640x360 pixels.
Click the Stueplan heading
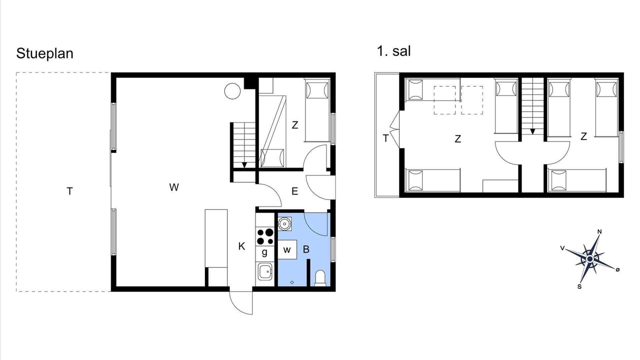[x=45, y=53]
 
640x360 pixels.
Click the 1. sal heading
[x=393, y=51]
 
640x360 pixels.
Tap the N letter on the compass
[x=599, y=231]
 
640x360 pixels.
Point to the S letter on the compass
[x=579, y=286]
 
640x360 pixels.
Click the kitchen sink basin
[x=265, y=271]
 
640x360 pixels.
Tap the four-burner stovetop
[x=265, y=237]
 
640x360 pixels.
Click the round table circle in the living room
[x=232, y=91]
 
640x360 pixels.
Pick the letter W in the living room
[x=174, y=187]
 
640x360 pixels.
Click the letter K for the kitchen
[x=241, y=246]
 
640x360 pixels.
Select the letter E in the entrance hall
[x=295, y=191]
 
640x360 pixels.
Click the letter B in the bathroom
[x=306, y=249]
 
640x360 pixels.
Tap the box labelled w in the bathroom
[x=287, y=249]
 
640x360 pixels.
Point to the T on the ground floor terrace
[x=69, y=191]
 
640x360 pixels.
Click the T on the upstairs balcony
[x=385, y=138]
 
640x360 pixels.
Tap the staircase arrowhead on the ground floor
[x=244, y=165]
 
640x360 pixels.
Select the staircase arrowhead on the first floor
[x=532, y=131]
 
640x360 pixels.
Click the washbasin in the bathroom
[x=284, y=223]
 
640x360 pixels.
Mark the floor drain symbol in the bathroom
[x=292, y=282]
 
